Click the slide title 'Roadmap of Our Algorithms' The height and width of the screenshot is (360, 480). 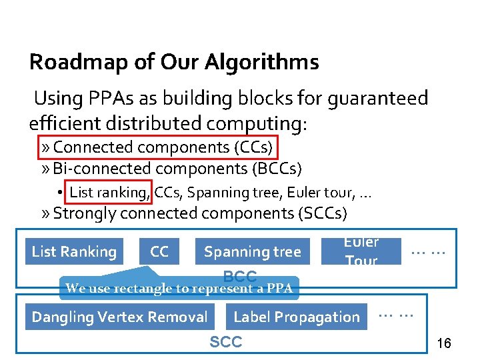click(x=174, y=63)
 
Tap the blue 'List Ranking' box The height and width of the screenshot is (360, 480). click(x=74, y=251)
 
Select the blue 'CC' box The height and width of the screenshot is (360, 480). click(x=159, y=251)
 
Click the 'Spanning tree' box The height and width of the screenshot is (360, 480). click(x=252, y=251)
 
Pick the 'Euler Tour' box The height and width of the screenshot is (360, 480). click(x=361, y=251)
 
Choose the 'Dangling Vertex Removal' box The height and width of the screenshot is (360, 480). click(x=120, y=317)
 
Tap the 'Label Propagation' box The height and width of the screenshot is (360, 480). click(x=296, y=317)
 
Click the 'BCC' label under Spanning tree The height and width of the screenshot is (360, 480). click(x=239, y=276)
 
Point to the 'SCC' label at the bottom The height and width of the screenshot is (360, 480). click(x=226, y=342)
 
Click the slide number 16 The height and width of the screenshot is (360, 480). click(x=443, y=343)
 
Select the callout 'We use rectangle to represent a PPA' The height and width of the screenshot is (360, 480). click(x=179, y=289)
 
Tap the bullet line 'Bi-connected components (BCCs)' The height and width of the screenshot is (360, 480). click(x=177, y=167)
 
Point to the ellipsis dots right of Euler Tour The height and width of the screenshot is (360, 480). click(x=428, y=252)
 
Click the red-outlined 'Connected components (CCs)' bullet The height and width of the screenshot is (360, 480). click(x=163, y=147)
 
